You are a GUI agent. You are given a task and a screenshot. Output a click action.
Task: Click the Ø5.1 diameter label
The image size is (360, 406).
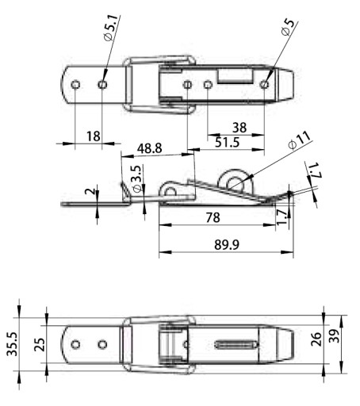click(x=111, y=28)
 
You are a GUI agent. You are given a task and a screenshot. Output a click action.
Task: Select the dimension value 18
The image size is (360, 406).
click(x=94, y=136)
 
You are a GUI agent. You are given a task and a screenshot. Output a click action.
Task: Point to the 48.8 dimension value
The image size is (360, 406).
click(x=149, y=148)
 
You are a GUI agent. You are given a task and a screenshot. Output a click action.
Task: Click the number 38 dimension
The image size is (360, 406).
click(x=239, y=128)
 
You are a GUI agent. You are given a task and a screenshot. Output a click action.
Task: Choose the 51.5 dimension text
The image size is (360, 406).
click(x=228, y=142)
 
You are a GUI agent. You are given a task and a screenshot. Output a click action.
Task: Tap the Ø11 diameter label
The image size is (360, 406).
click(x=299, y=140)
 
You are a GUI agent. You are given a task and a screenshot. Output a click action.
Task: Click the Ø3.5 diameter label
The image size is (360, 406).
click(x=137, y=179)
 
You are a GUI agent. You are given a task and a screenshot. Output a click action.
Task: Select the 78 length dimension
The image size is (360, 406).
click(x=213, y=217)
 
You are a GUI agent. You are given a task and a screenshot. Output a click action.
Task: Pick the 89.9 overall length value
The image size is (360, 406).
click(x=227, y=244)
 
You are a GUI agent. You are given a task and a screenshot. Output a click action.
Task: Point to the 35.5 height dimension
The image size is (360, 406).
click(x=12, y=344)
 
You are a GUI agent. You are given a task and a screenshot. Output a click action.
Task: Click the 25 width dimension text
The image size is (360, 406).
click(x=40, y=344)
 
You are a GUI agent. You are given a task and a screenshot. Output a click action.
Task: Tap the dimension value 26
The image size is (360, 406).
click(x=316, y=339)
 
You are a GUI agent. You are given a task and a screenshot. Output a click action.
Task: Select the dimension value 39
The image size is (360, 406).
click(x=334, y=335)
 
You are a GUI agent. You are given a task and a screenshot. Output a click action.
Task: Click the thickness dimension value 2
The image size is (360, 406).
click(x=89, y=191)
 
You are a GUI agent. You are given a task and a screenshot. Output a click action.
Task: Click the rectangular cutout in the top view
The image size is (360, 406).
click(x=235, y=76)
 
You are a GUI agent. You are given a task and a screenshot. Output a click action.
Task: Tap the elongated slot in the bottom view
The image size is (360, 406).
click(x=236, y=344)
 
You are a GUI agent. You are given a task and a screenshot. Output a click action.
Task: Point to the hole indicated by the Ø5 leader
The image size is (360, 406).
click(x=264, y=85)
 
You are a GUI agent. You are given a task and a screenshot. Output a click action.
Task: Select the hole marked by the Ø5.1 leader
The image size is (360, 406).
click(x=102, y=85)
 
